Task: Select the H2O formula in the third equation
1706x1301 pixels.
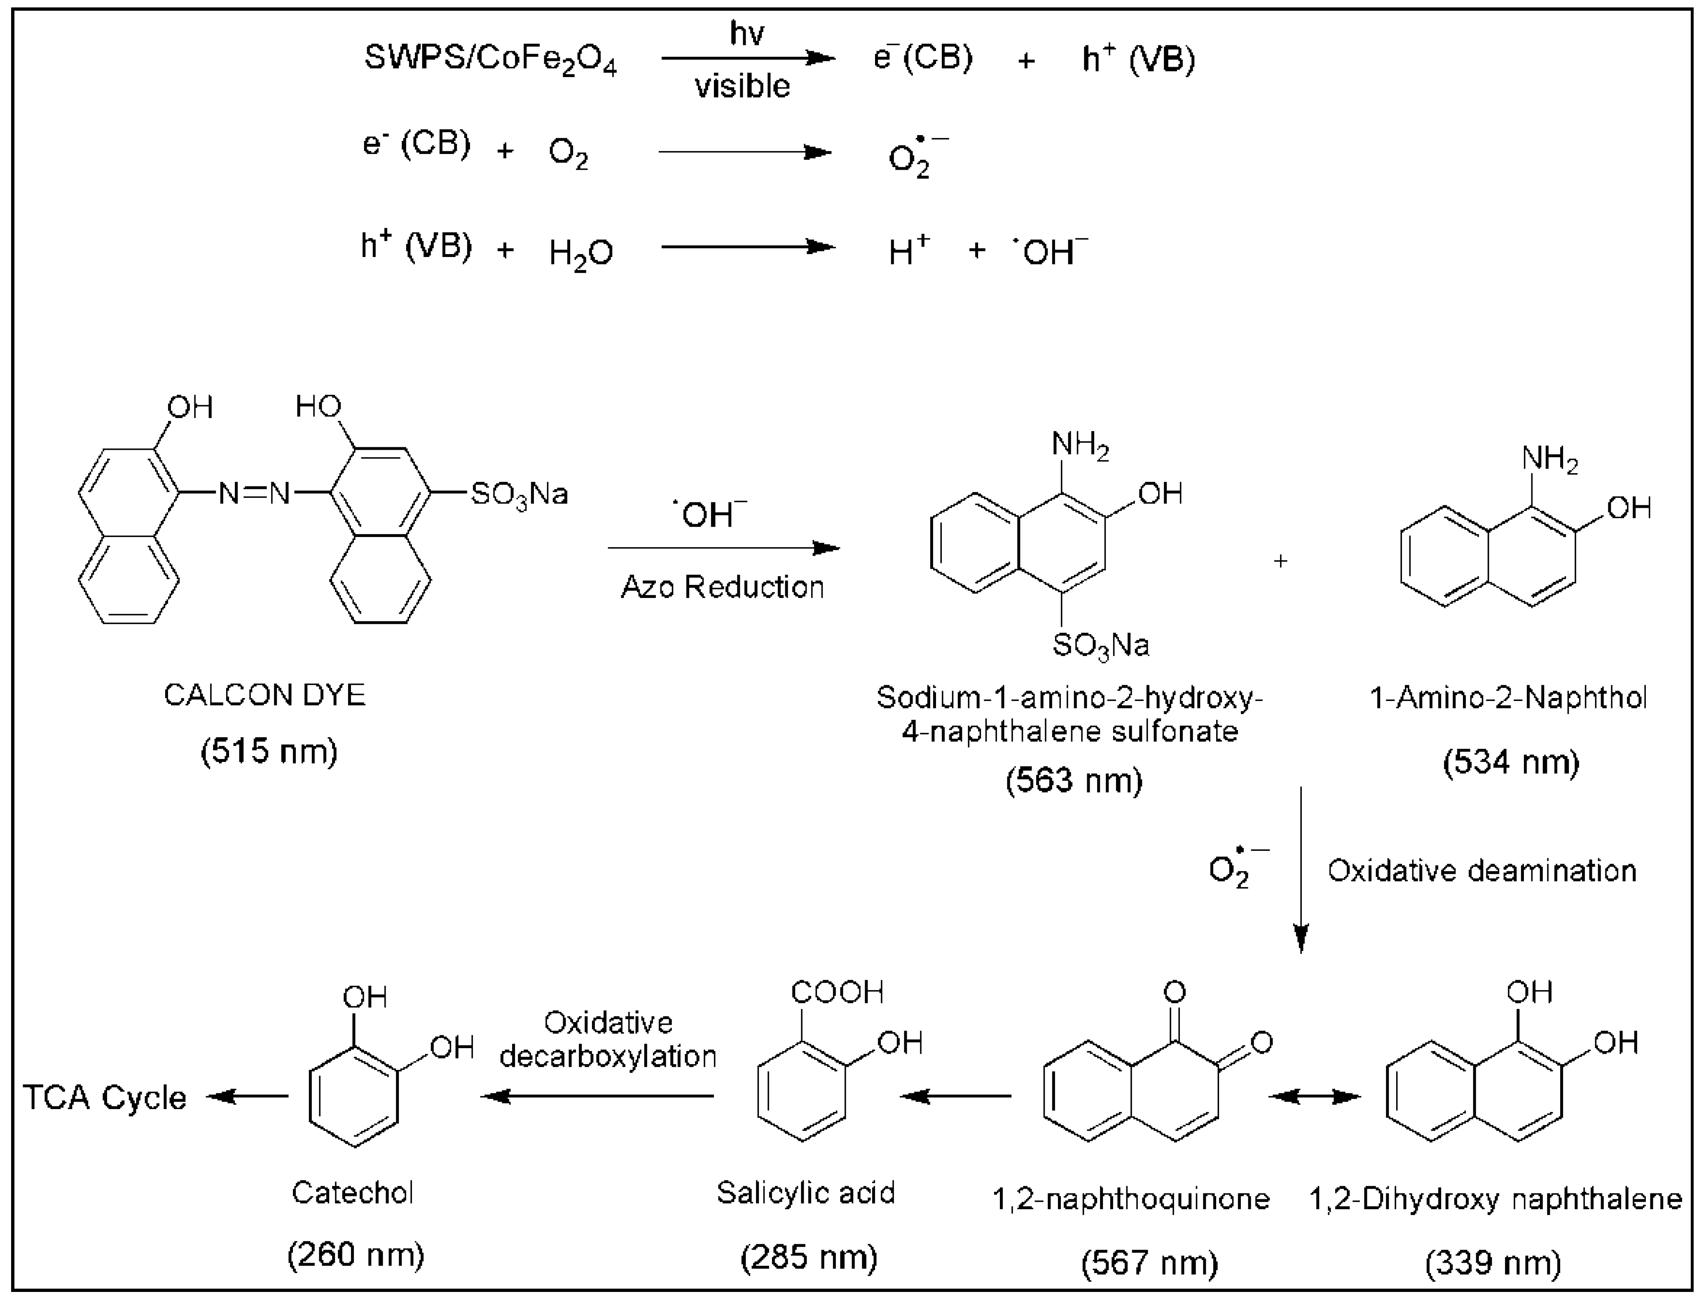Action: click(580, 252)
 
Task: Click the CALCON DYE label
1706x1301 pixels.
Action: click(264, 696)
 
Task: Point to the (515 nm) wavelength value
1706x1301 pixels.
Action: click(269, 751)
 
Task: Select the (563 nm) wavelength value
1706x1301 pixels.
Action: click(1074, 780)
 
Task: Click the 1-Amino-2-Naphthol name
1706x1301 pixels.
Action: click(1508, 698)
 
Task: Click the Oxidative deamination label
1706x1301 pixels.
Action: click(1481, 871)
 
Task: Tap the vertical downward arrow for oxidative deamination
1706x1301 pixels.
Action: click(1301, 867)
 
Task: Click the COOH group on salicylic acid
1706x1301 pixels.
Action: click(837, 992)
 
